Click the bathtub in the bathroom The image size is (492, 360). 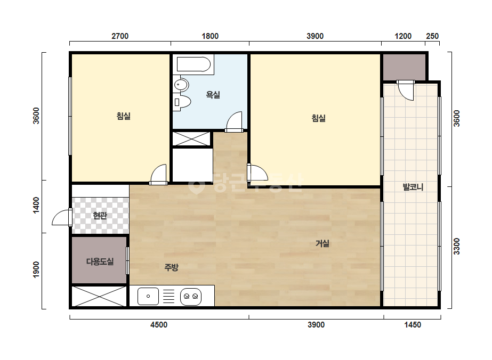[193, 64]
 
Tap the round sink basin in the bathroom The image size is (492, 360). [181, 85]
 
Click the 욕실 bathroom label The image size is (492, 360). [213, 94]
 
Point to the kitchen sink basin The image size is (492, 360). [148, 296]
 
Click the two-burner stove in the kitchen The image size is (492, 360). [191, 296]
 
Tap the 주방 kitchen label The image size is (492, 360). [171, 267]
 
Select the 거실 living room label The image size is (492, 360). [322, 243]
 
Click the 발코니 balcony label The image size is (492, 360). [413, 187]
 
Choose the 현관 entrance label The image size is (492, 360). [100, 216]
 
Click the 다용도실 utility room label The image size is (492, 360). [100, 261]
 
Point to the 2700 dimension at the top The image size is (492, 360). [120, 36]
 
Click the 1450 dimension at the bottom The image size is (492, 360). [412, 324]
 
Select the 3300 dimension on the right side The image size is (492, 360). [456, 247]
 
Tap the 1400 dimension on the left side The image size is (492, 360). [36, 206]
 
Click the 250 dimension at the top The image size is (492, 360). [432, 36]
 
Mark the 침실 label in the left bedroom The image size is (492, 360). [123, 116]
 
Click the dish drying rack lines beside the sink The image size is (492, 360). [168, 296]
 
